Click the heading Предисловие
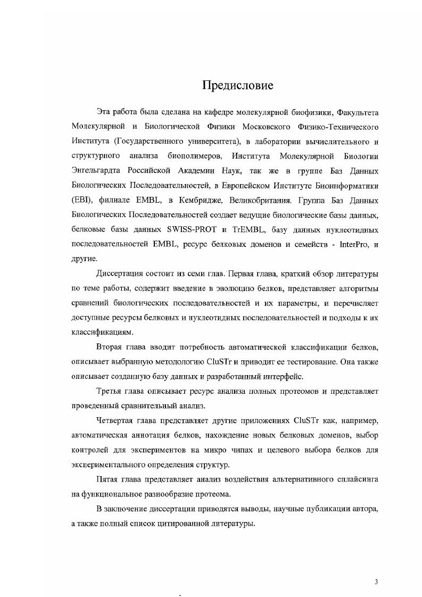point(237,85)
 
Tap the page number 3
point(376,582)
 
